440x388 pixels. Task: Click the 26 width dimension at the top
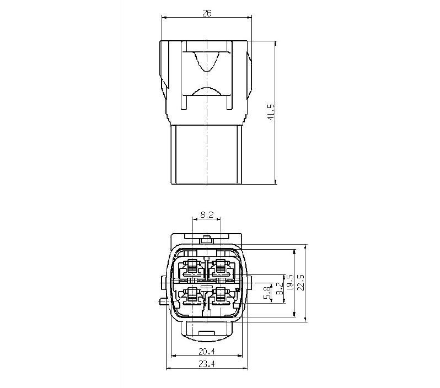tap(207, 13)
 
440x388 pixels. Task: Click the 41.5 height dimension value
tap(270, 112)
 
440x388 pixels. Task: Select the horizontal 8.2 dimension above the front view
tap(207, 215)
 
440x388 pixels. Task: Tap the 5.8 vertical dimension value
tap(267, 292)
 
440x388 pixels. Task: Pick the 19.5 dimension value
tap(289, 283)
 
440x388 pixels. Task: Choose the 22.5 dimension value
tap(301, 283)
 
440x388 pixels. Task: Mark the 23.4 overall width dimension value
tap(207, 364)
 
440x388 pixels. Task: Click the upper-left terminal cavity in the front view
tap(192, 267)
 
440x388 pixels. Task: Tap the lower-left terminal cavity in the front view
tap(192, 296)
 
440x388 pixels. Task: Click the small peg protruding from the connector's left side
tap(162, 301)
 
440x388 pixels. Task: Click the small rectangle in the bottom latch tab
tap(207, 334)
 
